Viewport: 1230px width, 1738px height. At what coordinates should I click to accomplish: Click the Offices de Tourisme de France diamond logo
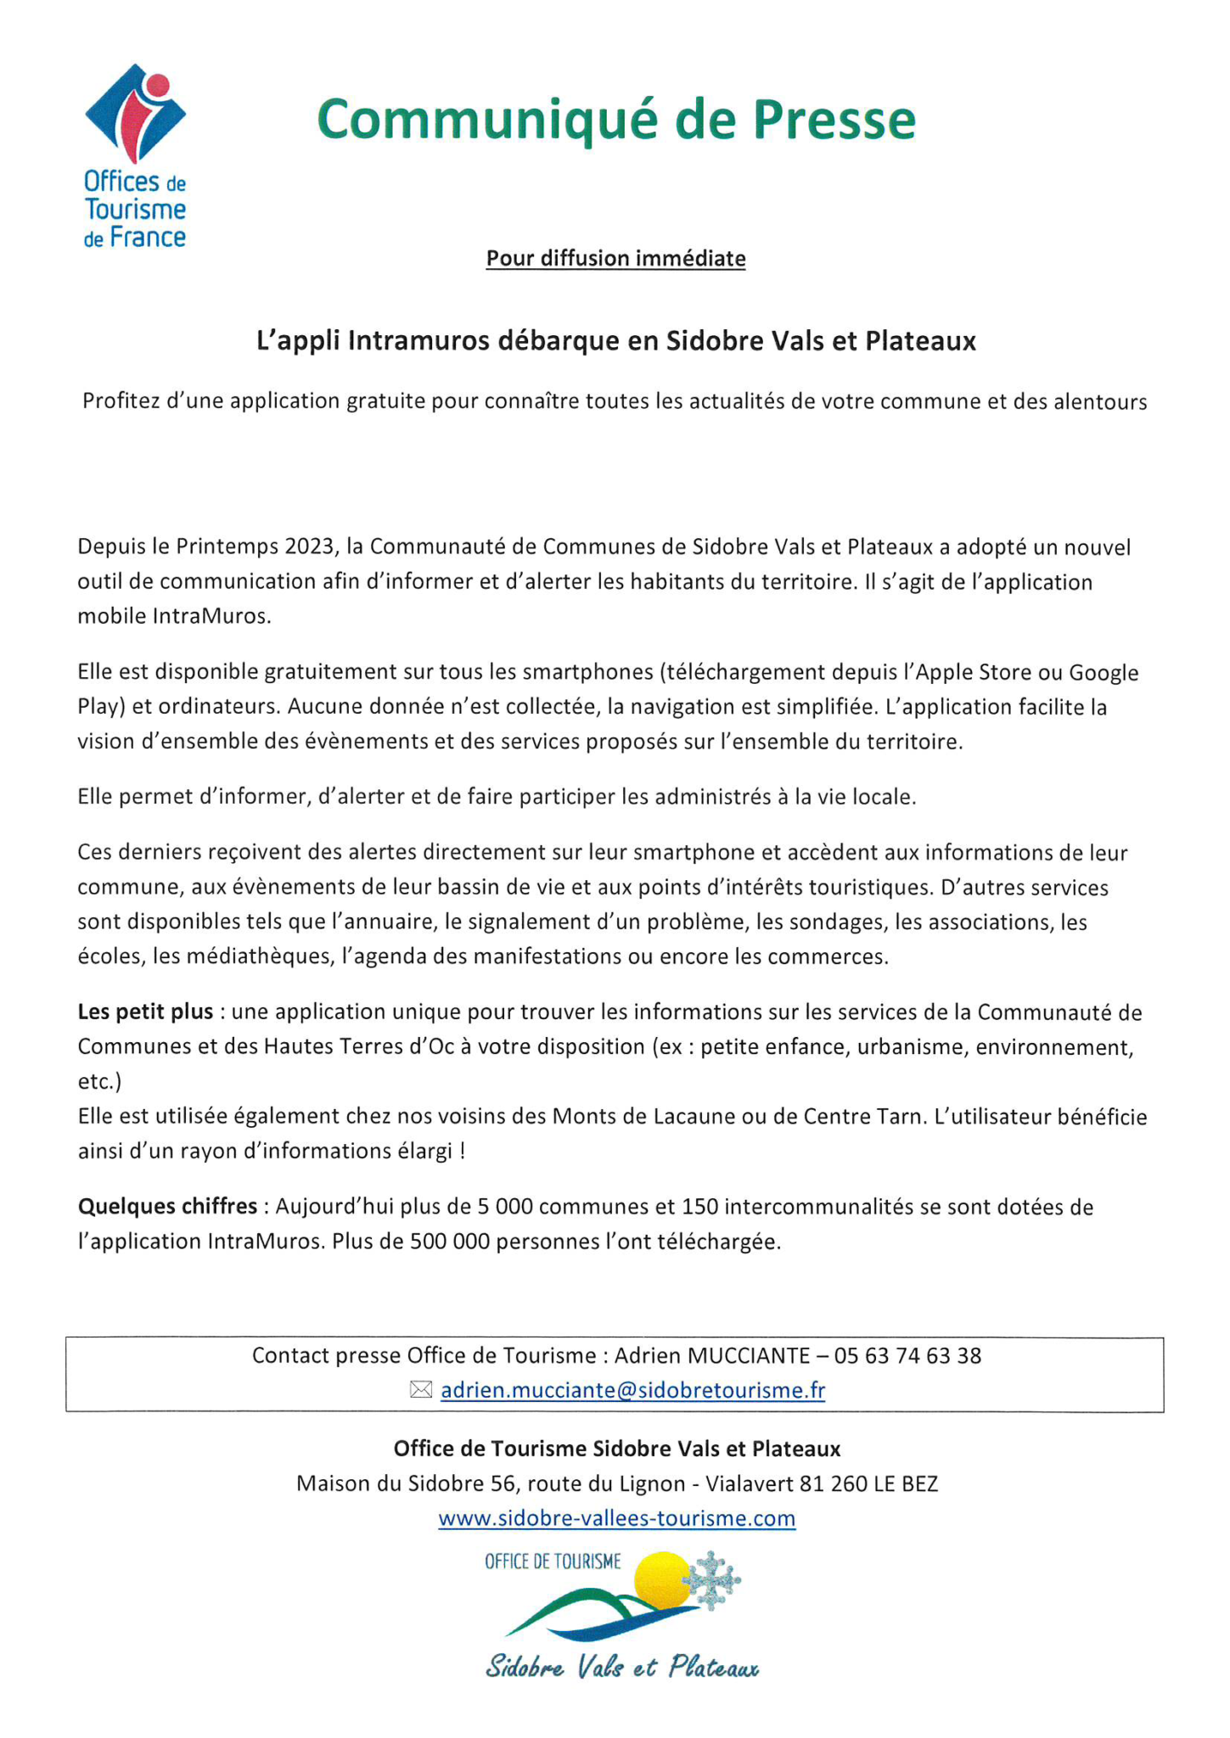point(135,113)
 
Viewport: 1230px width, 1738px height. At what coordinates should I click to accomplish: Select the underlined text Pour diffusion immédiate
point(615,259)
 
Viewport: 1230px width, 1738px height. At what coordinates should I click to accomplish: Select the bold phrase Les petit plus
point(145,1012)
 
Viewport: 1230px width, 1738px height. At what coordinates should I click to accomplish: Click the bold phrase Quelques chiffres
point(167,1206)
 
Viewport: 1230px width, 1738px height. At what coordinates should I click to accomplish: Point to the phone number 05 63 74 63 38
point(907,1355)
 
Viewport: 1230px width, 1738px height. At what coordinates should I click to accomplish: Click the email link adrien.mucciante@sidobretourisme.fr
point(632,1390)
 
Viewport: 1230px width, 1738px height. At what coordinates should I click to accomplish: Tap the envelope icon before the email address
point(421,1390)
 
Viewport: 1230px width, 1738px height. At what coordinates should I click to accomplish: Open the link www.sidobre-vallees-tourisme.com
point(616,1518)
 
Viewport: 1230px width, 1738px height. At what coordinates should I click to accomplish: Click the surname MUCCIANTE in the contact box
point(748,1355)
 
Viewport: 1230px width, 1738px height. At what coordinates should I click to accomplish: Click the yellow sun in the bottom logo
point(663,1578)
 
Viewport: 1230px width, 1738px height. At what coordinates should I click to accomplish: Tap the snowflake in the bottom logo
point(712,1580)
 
